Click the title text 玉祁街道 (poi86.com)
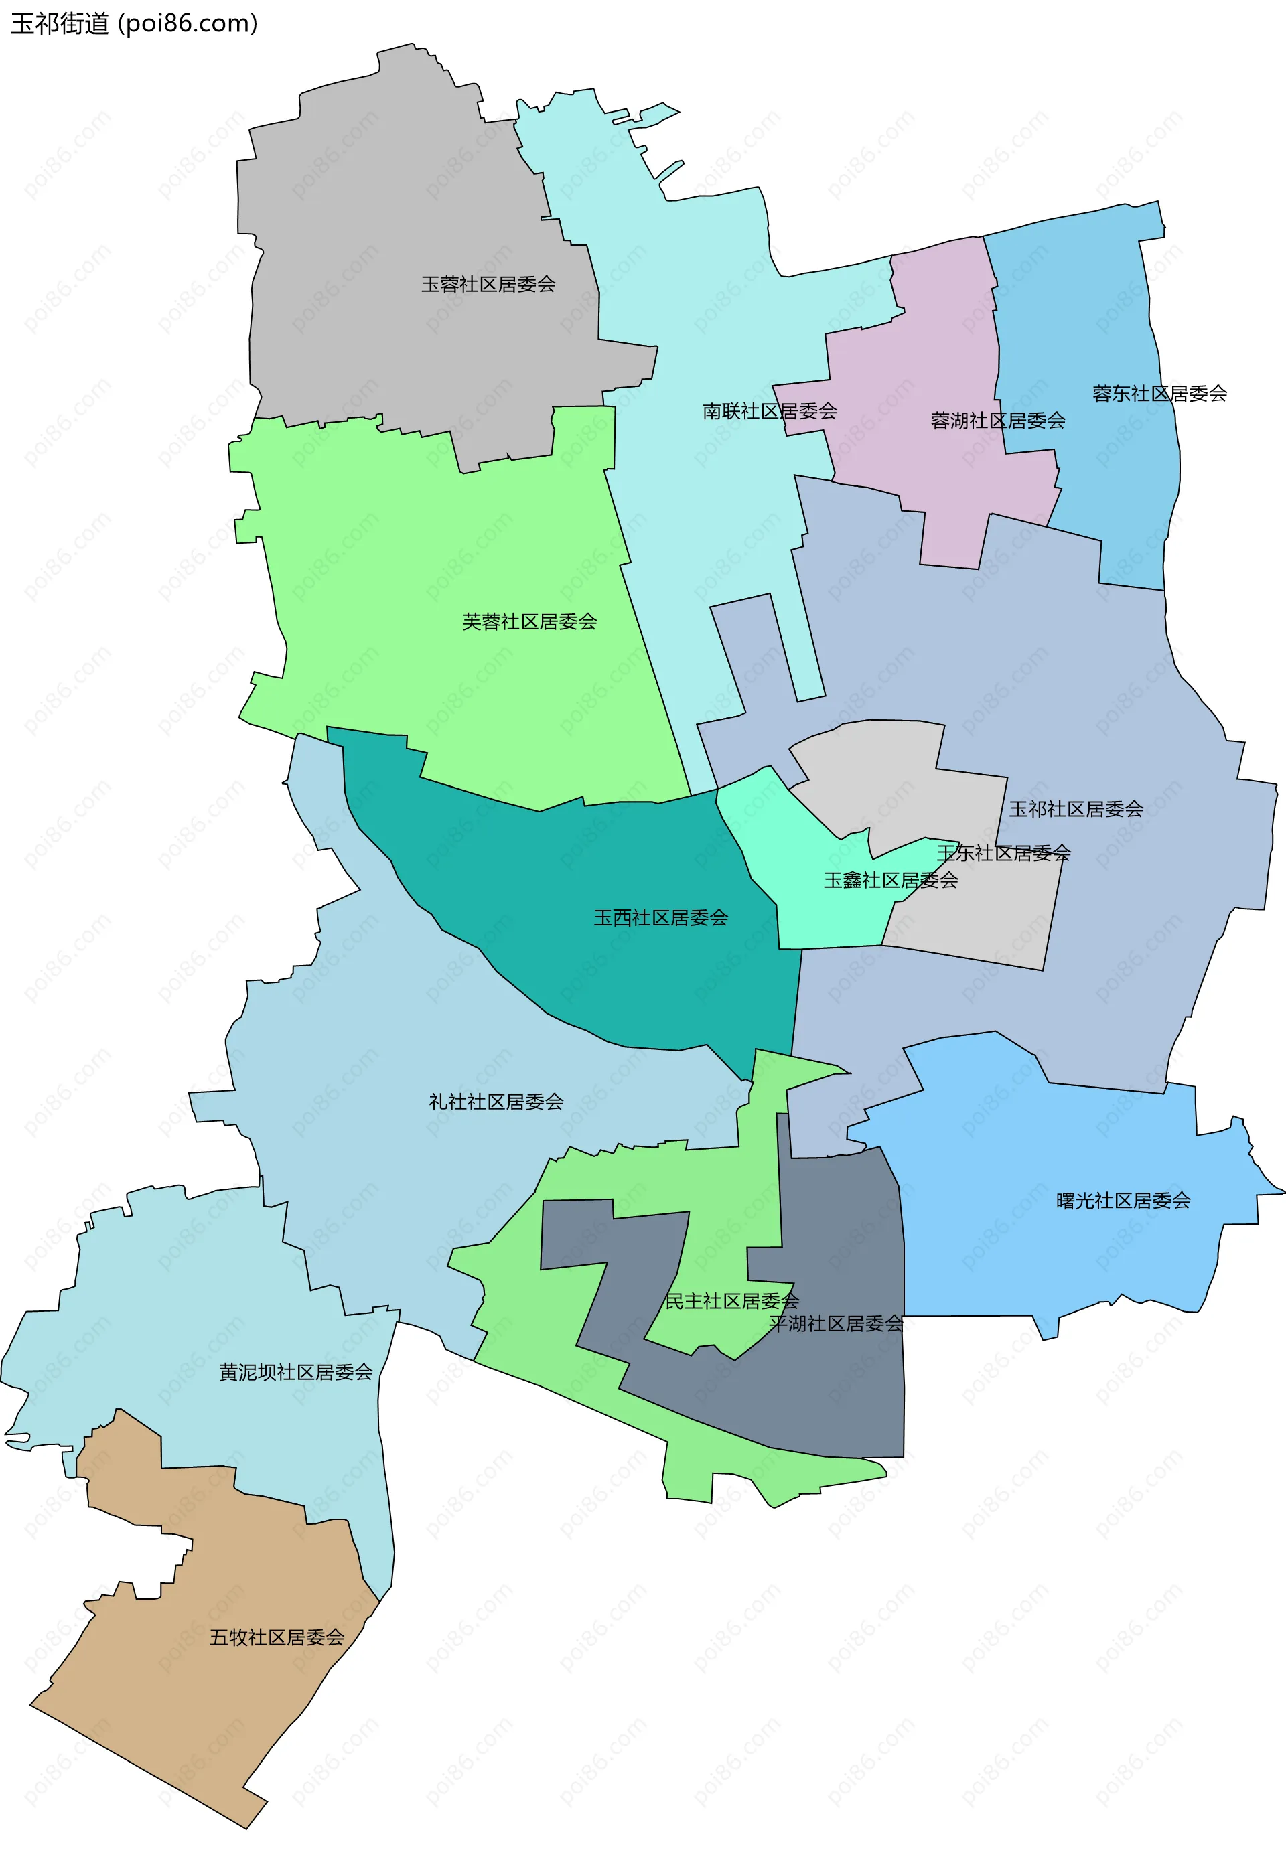click(134, 23)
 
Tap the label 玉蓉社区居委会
click(488, 284)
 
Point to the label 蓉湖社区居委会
click(997, 420)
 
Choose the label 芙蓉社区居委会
click(529, 621)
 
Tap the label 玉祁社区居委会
click(1076, 808)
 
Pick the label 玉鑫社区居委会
click(890, 880)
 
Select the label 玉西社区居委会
click(660, 917)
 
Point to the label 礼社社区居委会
click(495, 1101)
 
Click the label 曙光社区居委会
click(1123, 1200)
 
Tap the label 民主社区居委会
click(731, 1300)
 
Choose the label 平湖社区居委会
click(835, 1323)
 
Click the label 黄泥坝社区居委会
click(296, 1371)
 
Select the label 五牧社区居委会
click(277, 1637)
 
